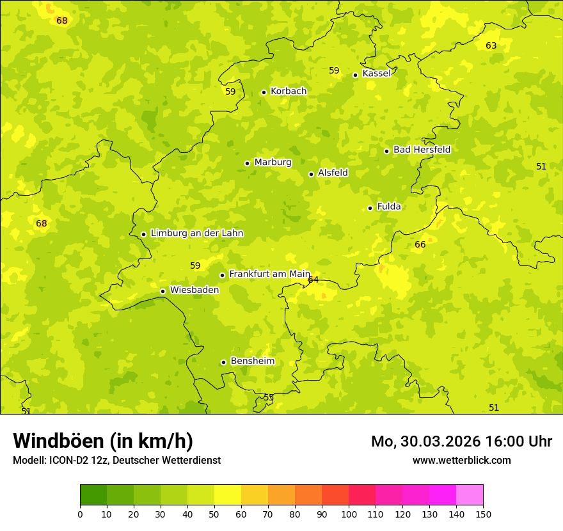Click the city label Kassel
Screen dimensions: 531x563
376,74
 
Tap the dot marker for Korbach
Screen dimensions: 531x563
264,92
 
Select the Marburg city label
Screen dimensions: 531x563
273,162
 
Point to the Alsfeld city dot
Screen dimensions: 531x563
312,174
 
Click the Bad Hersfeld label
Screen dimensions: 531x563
422,150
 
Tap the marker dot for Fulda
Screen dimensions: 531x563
370,208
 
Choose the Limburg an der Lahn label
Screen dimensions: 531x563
196,234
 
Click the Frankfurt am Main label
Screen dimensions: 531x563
269,274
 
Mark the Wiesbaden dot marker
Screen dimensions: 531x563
163,291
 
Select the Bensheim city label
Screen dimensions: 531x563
252,361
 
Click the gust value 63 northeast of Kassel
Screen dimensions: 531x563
491,45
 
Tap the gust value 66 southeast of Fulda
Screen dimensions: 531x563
420,244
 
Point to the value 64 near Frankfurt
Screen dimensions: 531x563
313,280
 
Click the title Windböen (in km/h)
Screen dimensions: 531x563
103,441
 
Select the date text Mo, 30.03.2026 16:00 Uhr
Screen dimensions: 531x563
461,441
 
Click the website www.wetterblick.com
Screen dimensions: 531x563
461,460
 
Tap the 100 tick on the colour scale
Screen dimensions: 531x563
349,514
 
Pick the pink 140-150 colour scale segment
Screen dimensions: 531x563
470,495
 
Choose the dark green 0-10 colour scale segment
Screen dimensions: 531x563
93,495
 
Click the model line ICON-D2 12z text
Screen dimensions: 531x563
116,460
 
